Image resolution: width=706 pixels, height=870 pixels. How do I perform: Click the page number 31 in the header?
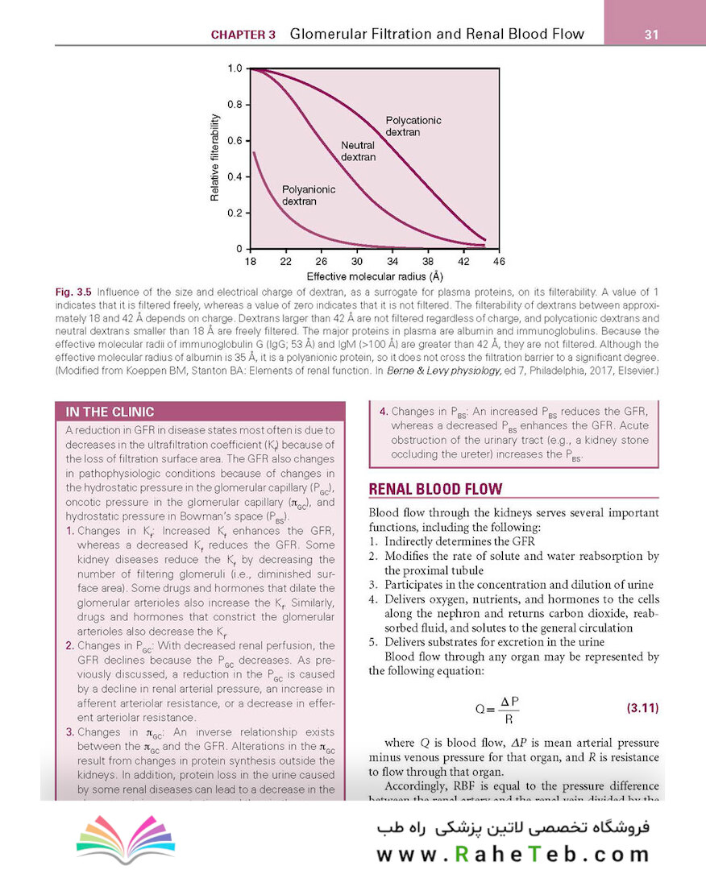tap(654, 35)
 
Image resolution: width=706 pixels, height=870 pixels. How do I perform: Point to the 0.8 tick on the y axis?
tap(235, 105)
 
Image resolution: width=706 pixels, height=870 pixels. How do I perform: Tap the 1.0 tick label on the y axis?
tap(235, 68)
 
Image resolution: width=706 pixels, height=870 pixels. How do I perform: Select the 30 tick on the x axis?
tap(357, 262)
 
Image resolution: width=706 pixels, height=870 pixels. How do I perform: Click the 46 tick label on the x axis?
tap(499, 262)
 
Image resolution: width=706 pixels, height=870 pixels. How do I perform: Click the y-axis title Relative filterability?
tap(215, 157)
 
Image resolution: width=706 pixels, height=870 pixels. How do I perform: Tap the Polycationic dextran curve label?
tap(413, 126)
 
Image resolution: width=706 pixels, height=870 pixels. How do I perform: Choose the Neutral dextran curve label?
tap(359, 151)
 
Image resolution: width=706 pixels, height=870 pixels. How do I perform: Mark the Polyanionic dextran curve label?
tap(308, 195)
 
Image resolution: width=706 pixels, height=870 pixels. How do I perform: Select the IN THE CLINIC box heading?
tap(110, 412)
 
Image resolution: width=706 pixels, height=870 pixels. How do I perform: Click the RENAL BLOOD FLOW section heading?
tap(435, 489)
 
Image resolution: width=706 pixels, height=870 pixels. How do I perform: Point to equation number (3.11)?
tap(642, 709)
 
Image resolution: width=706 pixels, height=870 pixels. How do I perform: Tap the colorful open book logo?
tap(126, 835)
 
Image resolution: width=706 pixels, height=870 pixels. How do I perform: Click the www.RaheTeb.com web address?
tap(513, 852)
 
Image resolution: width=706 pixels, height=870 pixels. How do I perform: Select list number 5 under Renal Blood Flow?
tap(373, 642)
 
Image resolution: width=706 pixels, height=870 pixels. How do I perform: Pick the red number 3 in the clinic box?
tap(70, 732)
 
